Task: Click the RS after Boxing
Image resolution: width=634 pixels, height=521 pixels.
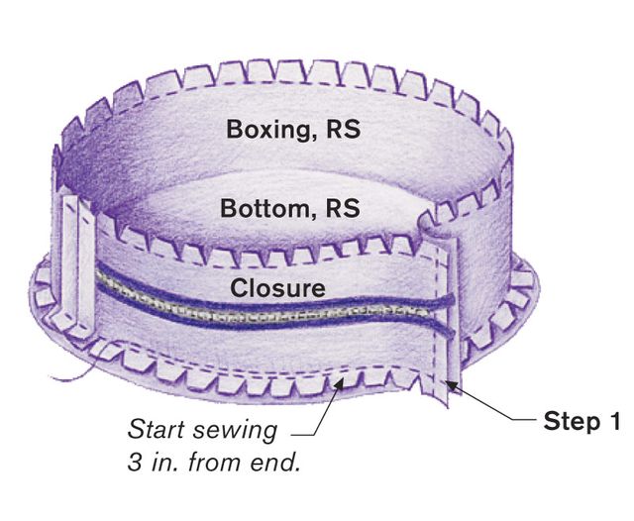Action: [x=344, y=130]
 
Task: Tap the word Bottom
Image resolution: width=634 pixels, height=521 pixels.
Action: [x=264, y=208]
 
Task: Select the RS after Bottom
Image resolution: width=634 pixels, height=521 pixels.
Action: [x=343, y=208]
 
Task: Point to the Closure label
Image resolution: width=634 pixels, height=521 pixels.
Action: [x=277, y=288]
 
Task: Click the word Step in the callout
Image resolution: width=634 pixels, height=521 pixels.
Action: [x=571, y=422]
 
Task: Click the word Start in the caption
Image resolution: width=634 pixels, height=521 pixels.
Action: [x=157, y=429]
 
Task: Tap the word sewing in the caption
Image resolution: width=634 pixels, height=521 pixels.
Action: [x=237, y=431]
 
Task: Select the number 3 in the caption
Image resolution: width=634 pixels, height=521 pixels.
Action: [x=135, y=462]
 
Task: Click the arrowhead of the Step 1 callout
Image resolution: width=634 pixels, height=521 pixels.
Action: [x=452, y=384]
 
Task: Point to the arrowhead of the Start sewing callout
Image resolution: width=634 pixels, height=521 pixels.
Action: [x=339, y=383]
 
